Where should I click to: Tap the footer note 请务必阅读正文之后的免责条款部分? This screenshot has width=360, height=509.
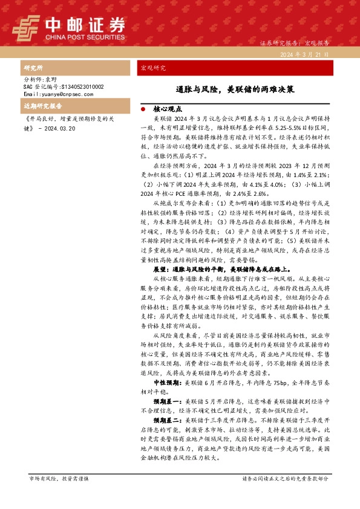click(x=286, y=478)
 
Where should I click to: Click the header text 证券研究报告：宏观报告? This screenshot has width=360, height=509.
click(x=294, y=44)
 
